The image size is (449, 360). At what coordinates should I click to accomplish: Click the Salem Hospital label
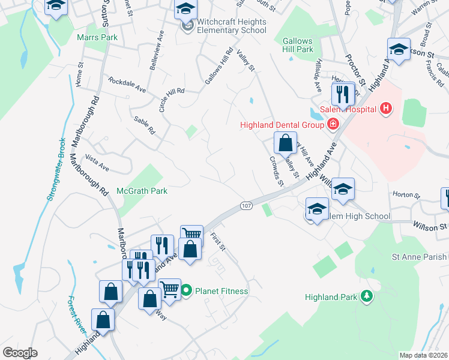point(355,109)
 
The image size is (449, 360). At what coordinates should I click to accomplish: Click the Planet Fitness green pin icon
point(186,291)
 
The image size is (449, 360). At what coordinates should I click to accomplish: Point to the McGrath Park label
point(143,190)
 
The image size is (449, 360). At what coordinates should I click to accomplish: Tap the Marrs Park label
point(97,37)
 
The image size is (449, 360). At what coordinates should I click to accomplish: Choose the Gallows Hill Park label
point(298,45)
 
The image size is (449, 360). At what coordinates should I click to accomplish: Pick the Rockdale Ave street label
point(127,85)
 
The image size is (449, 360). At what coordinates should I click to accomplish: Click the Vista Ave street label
point(97,164)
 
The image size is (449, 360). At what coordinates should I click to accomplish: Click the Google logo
point(20,353)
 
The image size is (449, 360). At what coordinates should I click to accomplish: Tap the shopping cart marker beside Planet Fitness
point(170,289)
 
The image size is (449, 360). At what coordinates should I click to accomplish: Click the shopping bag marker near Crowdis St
point(285,143)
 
